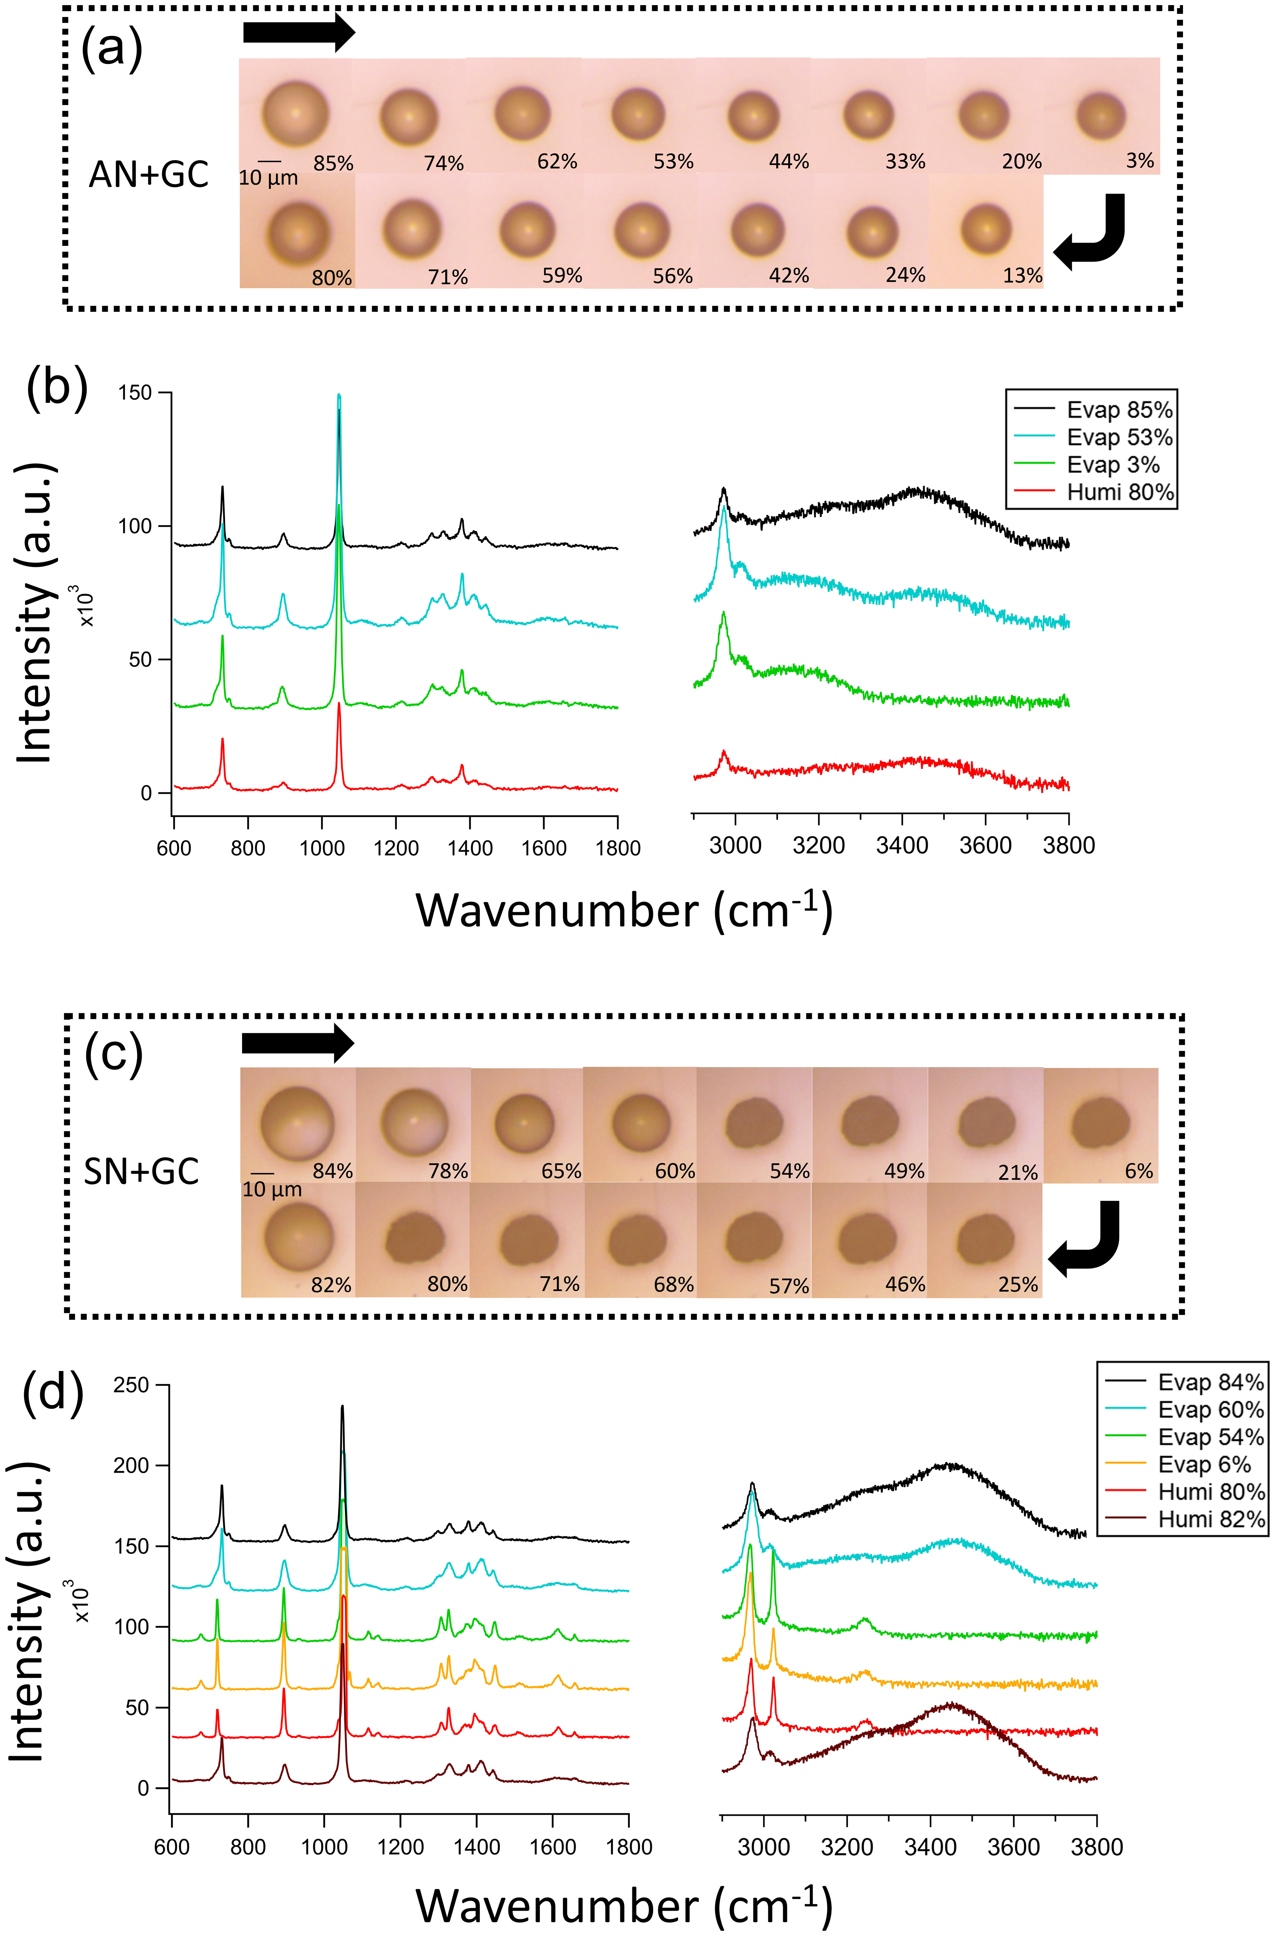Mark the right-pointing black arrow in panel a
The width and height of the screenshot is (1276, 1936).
click(299, 32)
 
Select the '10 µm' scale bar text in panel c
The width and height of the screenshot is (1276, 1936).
click(272, 1190)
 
